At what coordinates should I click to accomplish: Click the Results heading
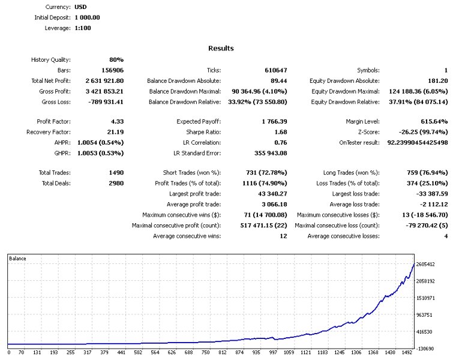pyautogui.click(x=221, y=48)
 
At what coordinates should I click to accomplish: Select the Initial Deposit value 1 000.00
pyautogui.click(x=87, y=17)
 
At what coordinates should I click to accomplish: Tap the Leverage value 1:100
pyautogui.click(x=83, y=28)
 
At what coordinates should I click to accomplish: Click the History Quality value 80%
pyautogui.click(x=116, y=59)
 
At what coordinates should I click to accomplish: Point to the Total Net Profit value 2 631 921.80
pyautogui.click(x=102, y=80)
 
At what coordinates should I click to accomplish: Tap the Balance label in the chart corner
pyautogui.click(x=18, y=259)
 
